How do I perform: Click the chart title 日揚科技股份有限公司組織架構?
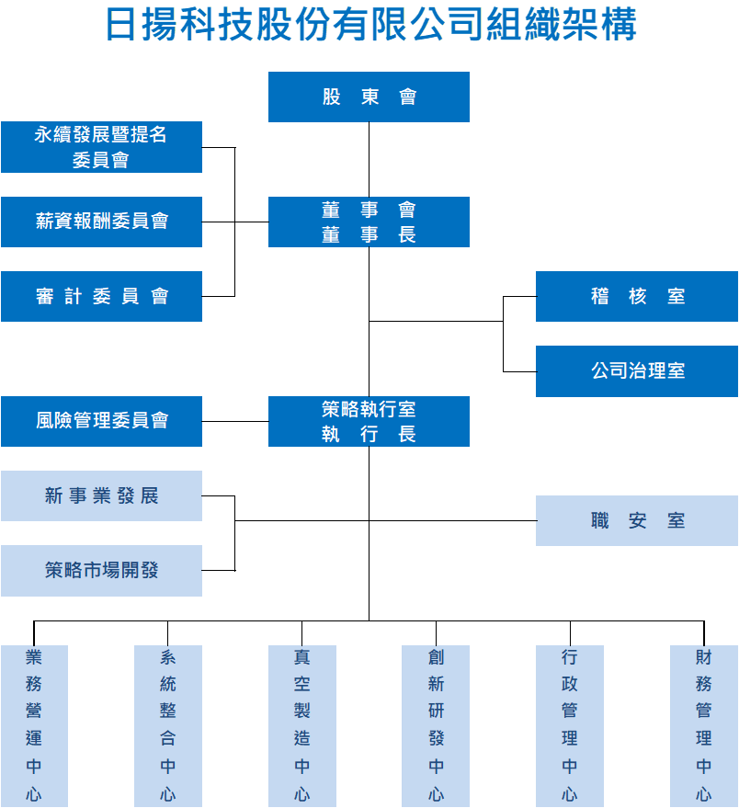(369, 25)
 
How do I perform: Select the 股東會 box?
(369, 97)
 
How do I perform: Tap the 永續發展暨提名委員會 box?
(101, 147)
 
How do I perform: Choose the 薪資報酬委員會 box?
(101, 222)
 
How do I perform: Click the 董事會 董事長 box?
(369, 222)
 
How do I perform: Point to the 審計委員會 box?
(101, 296)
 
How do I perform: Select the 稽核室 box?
(637, 296)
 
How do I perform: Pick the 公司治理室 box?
(637, 371)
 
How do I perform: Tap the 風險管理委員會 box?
(101, 421)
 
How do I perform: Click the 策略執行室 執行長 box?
(369, 421)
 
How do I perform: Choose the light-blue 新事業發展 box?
(101, 496)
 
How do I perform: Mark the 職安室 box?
(637, 521)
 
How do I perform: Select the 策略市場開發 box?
(101, 571)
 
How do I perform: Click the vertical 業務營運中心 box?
(34, 725)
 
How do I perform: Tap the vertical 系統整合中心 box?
(168, 725)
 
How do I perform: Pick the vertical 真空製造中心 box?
(302, 725)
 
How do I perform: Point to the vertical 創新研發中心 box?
(436, 725)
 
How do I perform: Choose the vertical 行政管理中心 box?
(570, 725)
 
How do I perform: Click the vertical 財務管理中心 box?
(704, 725)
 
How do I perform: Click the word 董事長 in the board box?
(369, 235)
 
